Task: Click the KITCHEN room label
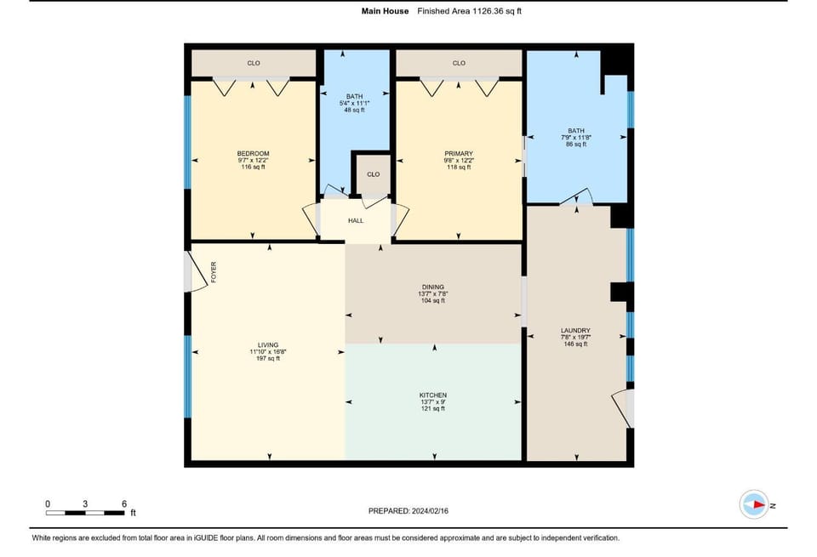pos(433,395)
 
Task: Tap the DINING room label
pos(433,287)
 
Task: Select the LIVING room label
pos(268,344)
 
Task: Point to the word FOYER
pos(214,272)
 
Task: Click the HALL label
pos(356,221)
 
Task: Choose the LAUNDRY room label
pos(575,331)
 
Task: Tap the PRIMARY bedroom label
pos(459,154)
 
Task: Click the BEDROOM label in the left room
pos(254,154)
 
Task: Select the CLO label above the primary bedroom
pos(459,63)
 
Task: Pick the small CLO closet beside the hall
pos(373,174)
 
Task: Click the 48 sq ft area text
pos(354,110)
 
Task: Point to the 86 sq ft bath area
pos(576,145)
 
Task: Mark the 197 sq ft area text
pos(268,358)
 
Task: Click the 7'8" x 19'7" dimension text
pos(576,338)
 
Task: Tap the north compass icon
pos(754,504)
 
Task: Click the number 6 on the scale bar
pos(124,504)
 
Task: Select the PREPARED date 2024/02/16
pos(430,511)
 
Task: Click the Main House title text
pos(385,11)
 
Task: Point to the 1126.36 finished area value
pos(489,11)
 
